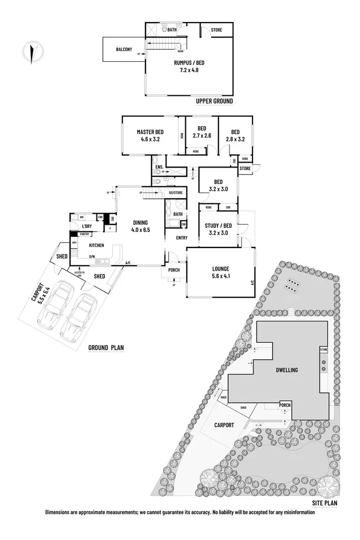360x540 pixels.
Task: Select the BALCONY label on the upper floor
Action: click(124, 50)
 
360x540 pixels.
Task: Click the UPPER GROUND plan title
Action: click(214, 101)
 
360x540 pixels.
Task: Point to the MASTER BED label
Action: click(150, 132)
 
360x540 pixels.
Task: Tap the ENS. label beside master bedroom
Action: click(159, 166)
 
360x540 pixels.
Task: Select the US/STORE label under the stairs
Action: click(175, 193)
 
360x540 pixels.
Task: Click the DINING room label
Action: click(141, 223)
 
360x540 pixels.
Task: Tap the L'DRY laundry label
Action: click(87, 226)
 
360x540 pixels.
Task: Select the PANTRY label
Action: click(85, 234)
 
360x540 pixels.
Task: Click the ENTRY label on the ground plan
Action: click(182, 238)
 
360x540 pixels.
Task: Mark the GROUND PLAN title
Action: click(106, 348)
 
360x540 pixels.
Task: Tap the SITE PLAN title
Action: click(324, 503)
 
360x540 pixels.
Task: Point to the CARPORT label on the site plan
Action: click(224, 425)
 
